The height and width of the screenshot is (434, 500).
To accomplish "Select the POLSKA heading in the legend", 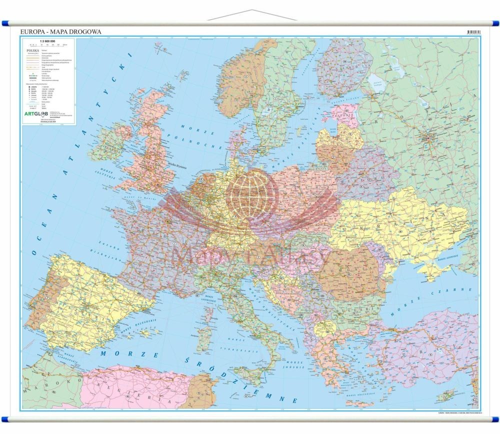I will [33, 50].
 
